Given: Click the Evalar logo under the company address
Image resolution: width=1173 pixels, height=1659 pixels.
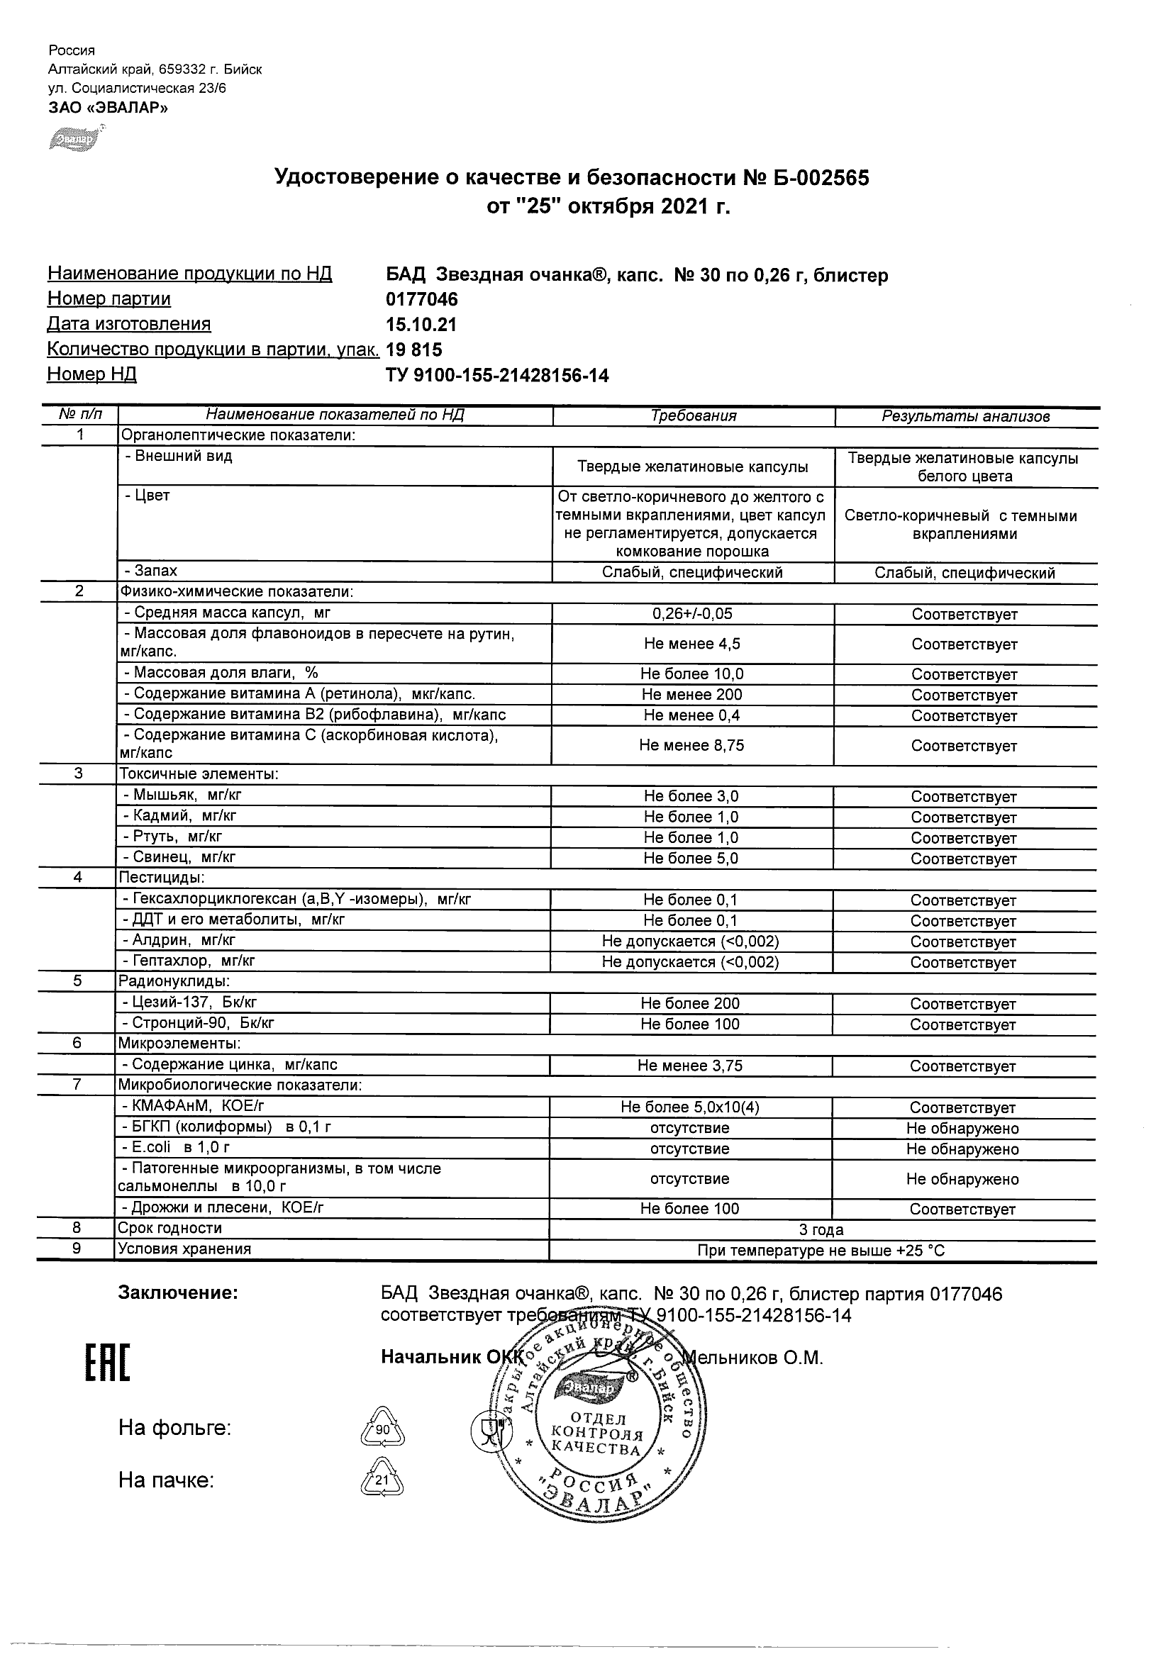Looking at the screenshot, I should [74, 138].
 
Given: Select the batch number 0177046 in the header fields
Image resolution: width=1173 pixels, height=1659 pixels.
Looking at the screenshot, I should [422, 299].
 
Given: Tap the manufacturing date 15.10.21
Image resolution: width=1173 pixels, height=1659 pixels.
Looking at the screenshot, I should [421, 325].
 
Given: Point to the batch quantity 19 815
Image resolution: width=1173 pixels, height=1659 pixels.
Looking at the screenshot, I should [414, 350].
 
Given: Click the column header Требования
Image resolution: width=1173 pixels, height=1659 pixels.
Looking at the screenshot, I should [693, 416].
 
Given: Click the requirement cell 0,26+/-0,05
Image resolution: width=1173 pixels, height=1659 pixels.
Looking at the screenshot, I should [691, 614].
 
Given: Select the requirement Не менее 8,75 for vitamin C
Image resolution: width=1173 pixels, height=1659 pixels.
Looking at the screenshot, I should [691, 746].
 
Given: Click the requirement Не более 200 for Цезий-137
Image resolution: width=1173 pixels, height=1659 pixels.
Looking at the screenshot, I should [689, 1004].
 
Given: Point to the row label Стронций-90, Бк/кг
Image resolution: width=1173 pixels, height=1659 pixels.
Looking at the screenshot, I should [198, 1024].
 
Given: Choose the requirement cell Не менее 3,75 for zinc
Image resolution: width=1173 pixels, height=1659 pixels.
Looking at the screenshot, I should [689, 1066].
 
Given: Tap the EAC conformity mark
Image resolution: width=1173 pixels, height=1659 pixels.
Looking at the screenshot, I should [109, 1363].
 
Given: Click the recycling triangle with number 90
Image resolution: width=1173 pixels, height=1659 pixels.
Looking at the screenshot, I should [382, 1429].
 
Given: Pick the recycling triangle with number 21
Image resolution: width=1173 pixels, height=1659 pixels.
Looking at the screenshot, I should [382, 1480].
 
